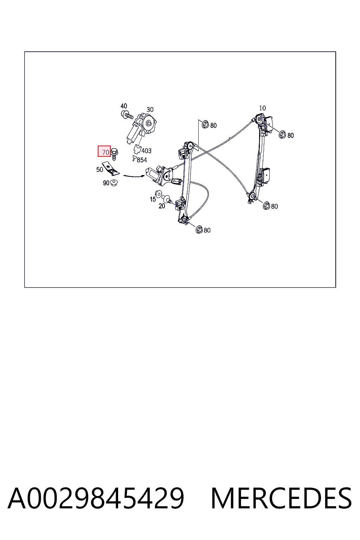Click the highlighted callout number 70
[105, 152]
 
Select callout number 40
[124, 106]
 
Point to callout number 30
[150, 110]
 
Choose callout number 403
[146, 151]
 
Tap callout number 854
[142, 160]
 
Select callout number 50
[99, 170]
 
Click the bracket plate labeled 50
[111, 168]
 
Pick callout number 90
[106, 183]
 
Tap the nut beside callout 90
[114, 183]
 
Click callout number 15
[153, 199]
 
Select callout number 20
[162, 206]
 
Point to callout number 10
[262, 108]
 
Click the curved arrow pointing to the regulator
[134, 176]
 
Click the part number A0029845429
[96, 498]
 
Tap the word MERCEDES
[281, 498]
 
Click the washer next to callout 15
[158, 194]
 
